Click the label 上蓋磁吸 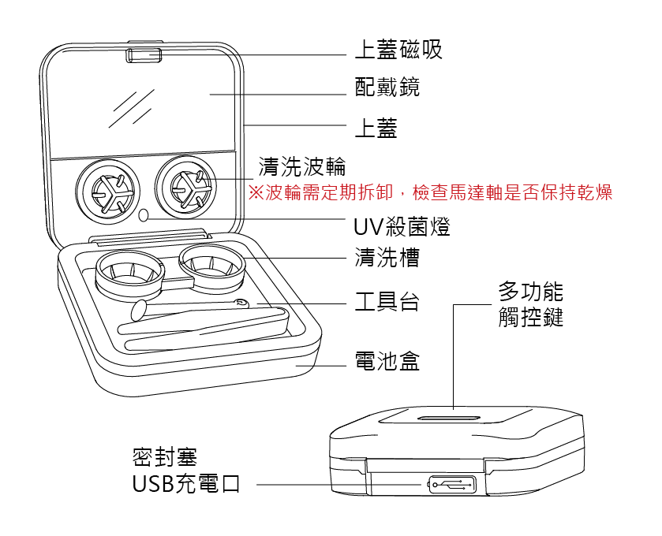pos(398,50)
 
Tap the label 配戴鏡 pos(387,87)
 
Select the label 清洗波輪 pos(302,167)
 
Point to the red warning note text pos(430,192)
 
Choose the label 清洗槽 pos(387,257)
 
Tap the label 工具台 pos(387,302)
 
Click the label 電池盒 pos(387,362)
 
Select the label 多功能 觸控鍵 pos(530,305)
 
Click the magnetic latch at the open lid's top pos(143,54)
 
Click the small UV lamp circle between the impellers pos(144,215)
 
